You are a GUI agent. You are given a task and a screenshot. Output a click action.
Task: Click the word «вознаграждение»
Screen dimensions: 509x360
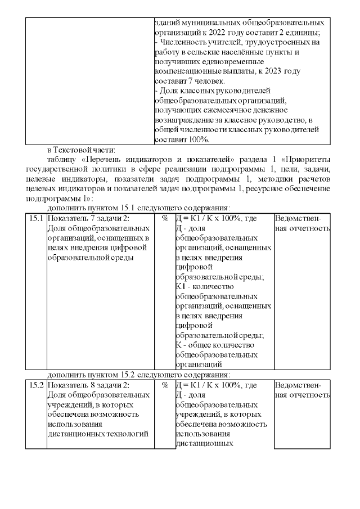click(184, 120)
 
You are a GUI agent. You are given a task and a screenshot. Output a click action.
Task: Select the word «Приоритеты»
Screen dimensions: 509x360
click(307, 160)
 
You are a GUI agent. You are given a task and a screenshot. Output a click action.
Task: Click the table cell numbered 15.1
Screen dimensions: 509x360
click(36, 218)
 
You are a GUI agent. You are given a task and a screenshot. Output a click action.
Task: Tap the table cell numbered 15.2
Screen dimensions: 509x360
click(36, 386)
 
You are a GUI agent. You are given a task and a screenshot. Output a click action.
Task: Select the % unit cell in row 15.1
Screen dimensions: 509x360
click(165, 218)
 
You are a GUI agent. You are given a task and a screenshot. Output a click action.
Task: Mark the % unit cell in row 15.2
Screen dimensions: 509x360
click(165, 386)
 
